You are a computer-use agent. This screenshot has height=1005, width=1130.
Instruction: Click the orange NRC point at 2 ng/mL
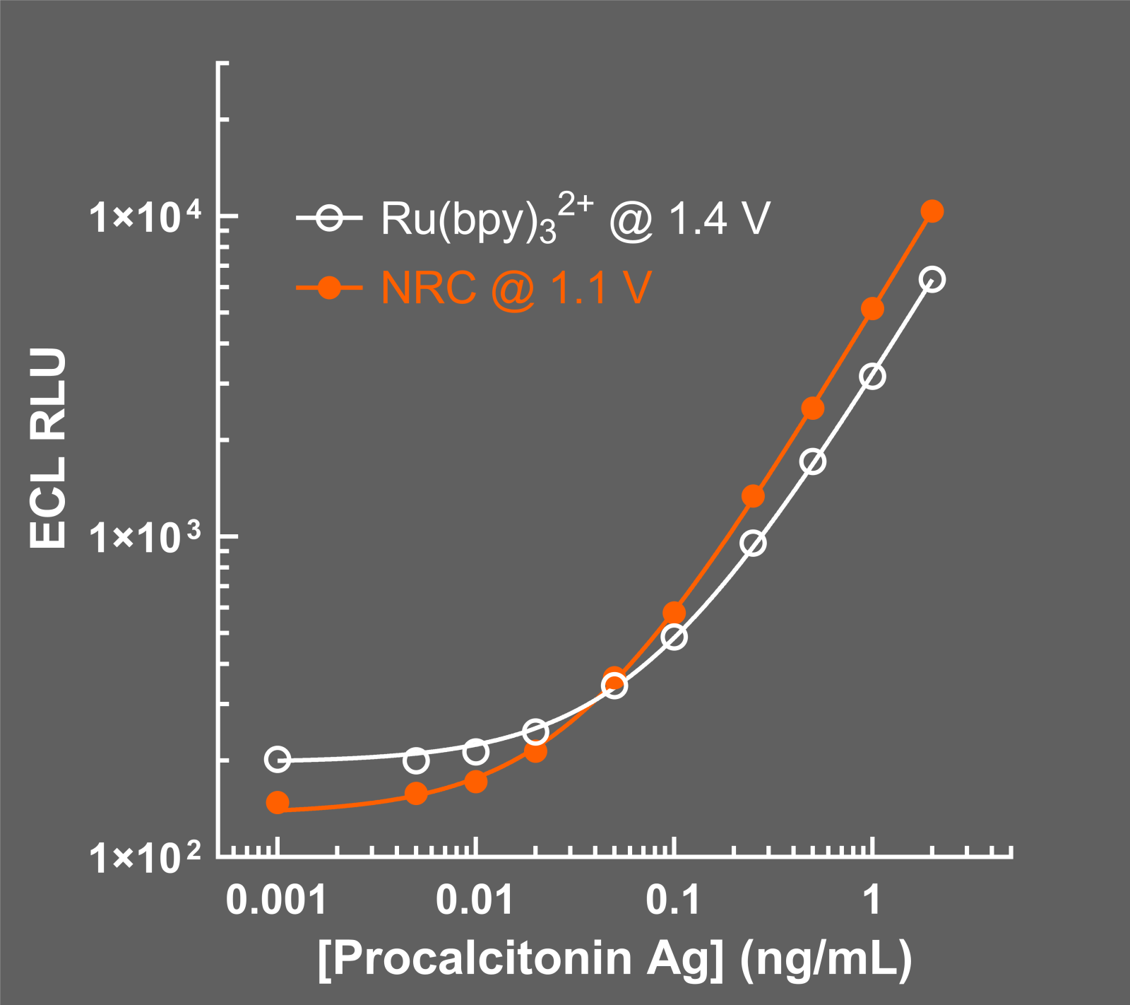click(932, 211)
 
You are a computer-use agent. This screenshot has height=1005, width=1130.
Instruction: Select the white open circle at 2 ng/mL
click(932, 279)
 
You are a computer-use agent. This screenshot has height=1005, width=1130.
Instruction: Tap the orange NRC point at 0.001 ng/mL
click(278, 802)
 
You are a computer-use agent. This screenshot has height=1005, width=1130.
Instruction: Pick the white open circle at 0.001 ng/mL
click(278, 759)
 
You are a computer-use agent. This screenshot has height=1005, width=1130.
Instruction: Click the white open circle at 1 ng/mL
click(873, 376)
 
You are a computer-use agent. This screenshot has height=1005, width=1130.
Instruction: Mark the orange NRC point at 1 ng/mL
click(873, 309)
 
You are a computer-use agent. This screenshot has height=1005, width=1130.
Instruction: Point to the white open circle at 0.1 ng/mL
click(674, 637)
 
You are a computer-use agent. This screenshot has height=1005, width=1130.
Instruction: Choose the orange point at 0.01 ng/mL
click(476, 781)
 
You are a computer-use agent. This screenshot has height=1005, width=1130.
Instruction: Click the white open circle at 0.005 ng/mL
click(416, 760)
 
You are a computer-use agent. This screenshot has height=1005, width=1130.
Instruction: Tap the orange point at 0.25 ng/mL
click(754, 496)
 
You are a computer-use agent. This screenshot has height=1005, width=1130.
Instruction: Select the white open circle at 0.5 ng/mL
click(813, 462)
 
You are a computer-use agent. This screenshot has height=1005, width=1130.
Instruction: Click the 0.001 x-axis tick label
click(277, 900)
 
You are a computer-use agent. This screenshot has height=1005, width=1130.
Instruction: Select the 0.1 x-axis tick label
click(673, 900)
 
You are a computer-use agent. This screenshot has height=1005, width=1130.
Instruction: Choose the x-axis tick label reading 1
click(873, 900)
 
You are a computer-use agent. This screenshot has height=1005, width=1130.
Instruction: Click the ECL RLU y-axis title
click(48, 448)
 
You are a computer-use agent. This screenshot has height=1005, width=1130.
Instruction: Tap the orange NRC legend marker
click(329, 288)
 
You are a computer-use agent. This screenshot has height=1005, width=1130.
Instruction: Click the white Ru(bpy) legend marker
click(329, 218)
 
